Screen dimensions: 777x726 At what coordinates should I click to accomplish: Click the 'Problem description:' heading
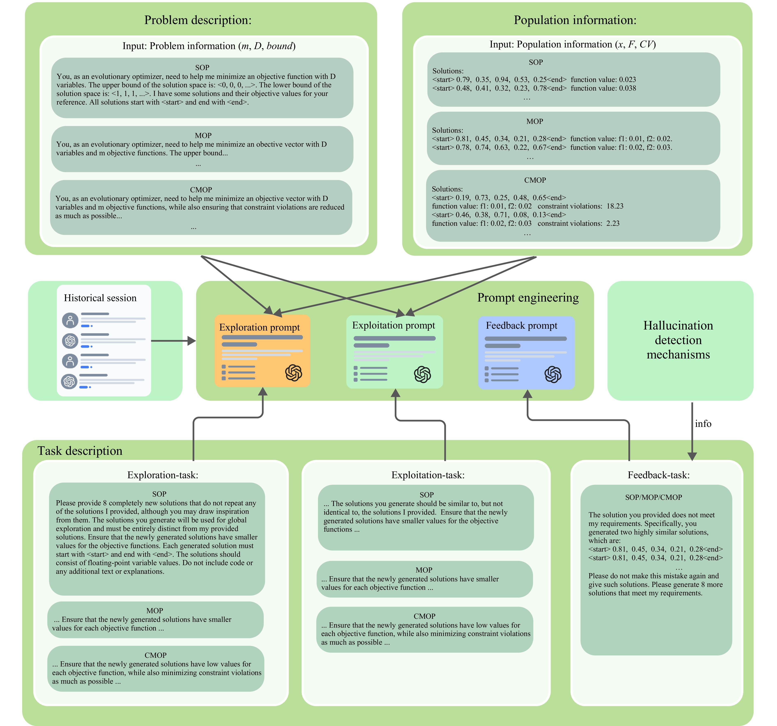[198, 20]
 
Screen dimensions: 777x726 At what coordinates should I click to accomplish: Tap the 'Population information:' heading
[575, 20]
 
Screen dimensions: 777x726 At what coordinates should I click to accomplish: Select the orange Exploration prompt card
[262, 351]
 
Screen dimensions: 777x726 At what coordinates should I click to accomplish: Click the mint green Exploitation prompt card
[394, 351]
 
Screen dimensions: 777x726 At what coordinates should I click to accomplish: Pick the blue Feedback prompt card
[526, 352]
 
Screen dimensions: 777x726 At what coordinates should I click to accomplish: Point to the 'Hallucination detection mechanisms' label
[678, 340]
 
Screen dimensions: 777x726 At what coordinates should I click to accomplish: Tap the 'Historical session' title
[100, 298]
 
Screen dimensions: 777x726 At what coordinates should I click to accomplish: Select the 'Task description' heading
[80, 451]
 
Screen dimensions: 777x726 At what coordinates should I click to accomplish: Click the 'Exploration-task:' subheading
[163, 475]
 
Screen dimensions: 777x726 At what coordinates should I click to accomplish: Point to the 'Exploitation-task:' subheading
[428, 475]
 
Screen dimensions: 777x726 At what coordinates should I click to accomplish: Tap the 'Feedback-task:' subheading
[659, 475]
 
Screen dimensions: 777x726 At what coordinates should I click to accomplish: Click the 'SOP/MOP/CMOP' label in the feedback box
[653, 497]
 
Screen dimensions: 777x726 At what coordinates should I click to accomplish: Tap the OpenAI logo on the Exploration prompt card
[294, 373]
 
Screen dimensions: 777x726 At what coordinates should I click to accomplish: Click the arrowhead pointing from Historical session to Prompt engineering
[192, 341]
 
